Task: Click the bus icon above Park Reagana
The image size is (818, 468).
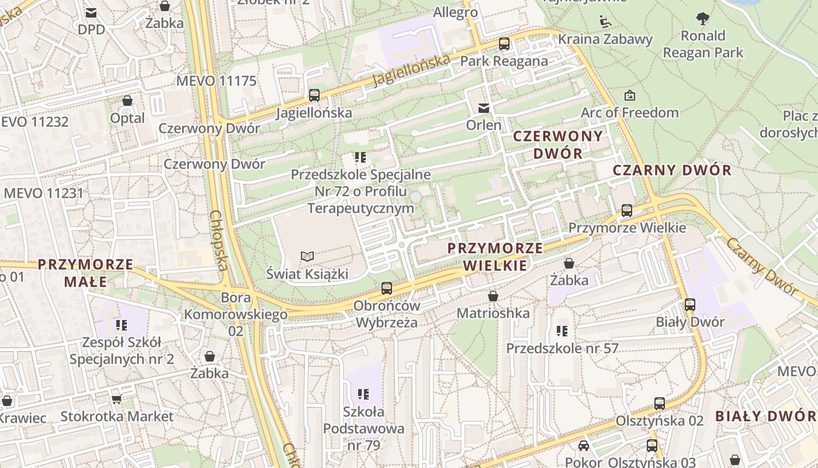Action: click(504, 43)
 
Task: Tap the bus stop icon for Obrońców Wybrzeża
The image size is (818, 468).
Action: click(386, 288)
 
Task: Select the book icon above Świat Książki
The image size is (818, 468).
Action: click(307, 256)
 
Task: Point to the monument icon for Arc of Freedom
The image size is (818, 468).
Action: click(630, 95)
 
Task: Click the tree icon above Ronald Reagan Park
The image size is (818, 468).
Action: click(703, 19)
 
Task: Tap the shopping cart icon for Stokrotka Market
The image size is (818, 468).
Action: click(117, 399)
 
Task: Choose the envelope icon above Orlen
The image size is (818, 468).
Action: click(484, 108)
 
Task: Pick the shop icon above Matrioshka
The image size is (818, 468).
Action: click(493, 296)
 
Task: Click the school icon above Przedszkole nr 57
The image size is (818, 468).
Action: click(562, 331)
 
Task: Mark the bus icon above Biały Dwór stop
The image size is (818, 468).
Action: click(690, 304)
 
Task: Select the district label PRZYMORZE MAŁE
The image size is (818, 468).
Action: click(86, 273)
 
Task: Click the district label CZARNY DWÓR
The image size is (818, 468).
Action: click(672, 170)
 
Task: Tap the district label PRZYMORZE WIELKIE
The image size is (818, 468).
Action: click(495, 256)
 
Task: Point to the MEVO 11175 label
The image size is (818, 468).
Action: click(216, 81)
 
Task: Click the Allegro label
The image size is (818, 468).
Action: click(456, 12)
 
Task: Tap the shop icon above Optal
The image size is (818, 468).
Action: click(127, 101)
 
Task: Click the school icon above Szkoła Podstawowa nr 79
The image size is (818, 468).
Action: click(363, 394)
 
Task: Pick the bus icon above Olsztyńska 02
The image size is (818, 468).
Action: click(660, 403)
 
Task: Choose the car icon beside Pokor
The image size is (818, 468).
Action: click(583, 446)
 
